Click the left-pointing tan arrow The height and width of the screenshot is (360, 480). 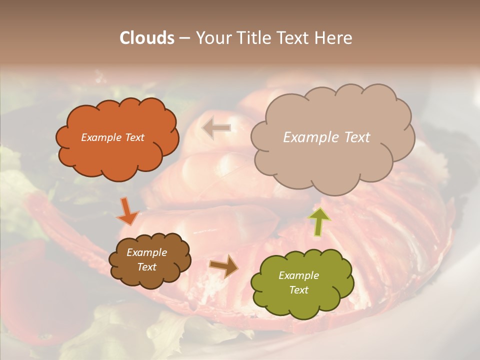coord(216,128)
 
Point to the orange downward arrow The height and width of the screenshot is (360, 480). coord(128,211)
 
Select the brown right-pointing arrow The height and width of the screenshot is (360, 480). coord(224,265)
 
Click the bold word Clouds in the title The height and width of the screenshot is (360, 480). coord(147,38)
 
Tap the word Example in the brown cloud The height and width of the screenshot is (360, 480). coord(146,252)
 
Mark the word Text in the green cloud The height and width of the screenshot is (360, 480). coord(298,290)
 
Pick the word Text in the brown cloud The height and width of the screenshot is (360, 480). coord(146,267)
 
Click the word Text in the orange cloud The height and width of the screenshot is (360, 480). coord(134,137)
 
